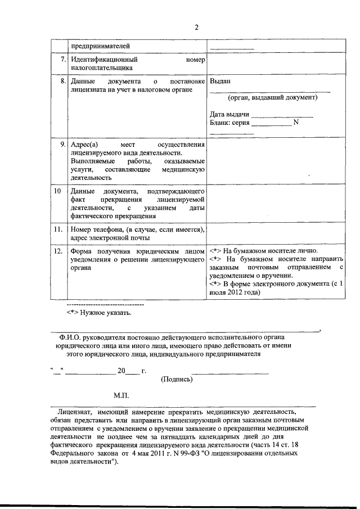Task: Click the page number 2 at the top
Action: point(197,27)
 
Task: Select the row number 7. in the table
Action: point(61,59)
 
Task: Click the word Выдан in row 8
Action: point(220,81)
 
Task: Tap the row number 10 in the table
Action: point(58,191)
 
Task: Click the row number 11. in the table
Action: point(59,229)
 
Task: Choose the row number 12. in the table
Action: point(59,250)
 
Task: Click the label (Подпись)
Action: point(177,379)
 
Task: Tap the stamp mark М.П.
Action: point(121,396)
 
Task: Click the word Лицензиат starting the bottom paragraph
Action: point(82,412)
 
